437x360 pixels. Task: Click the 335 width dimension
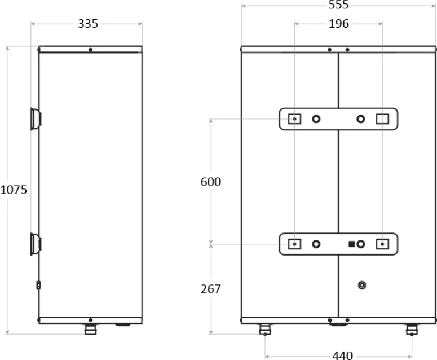pos(88,24)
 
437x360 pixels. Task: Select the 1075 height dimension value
pos(14,190)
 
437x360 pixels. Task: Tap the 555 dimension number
pos(339,5)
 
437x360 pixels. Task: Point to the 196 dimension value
pos(339,24)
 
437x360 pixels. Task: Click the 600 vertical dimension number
pos(211,182)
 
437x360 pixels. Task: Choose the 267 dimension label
pos(211,289)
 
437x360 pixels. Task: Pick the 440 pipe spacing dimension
pos(342,355)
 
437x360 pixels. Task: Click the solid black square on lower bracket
pos(352,244)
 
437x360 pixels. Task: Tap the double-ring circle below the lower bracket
pos(362,286)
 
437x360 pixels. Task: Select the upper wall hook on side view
pos(36,119)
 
